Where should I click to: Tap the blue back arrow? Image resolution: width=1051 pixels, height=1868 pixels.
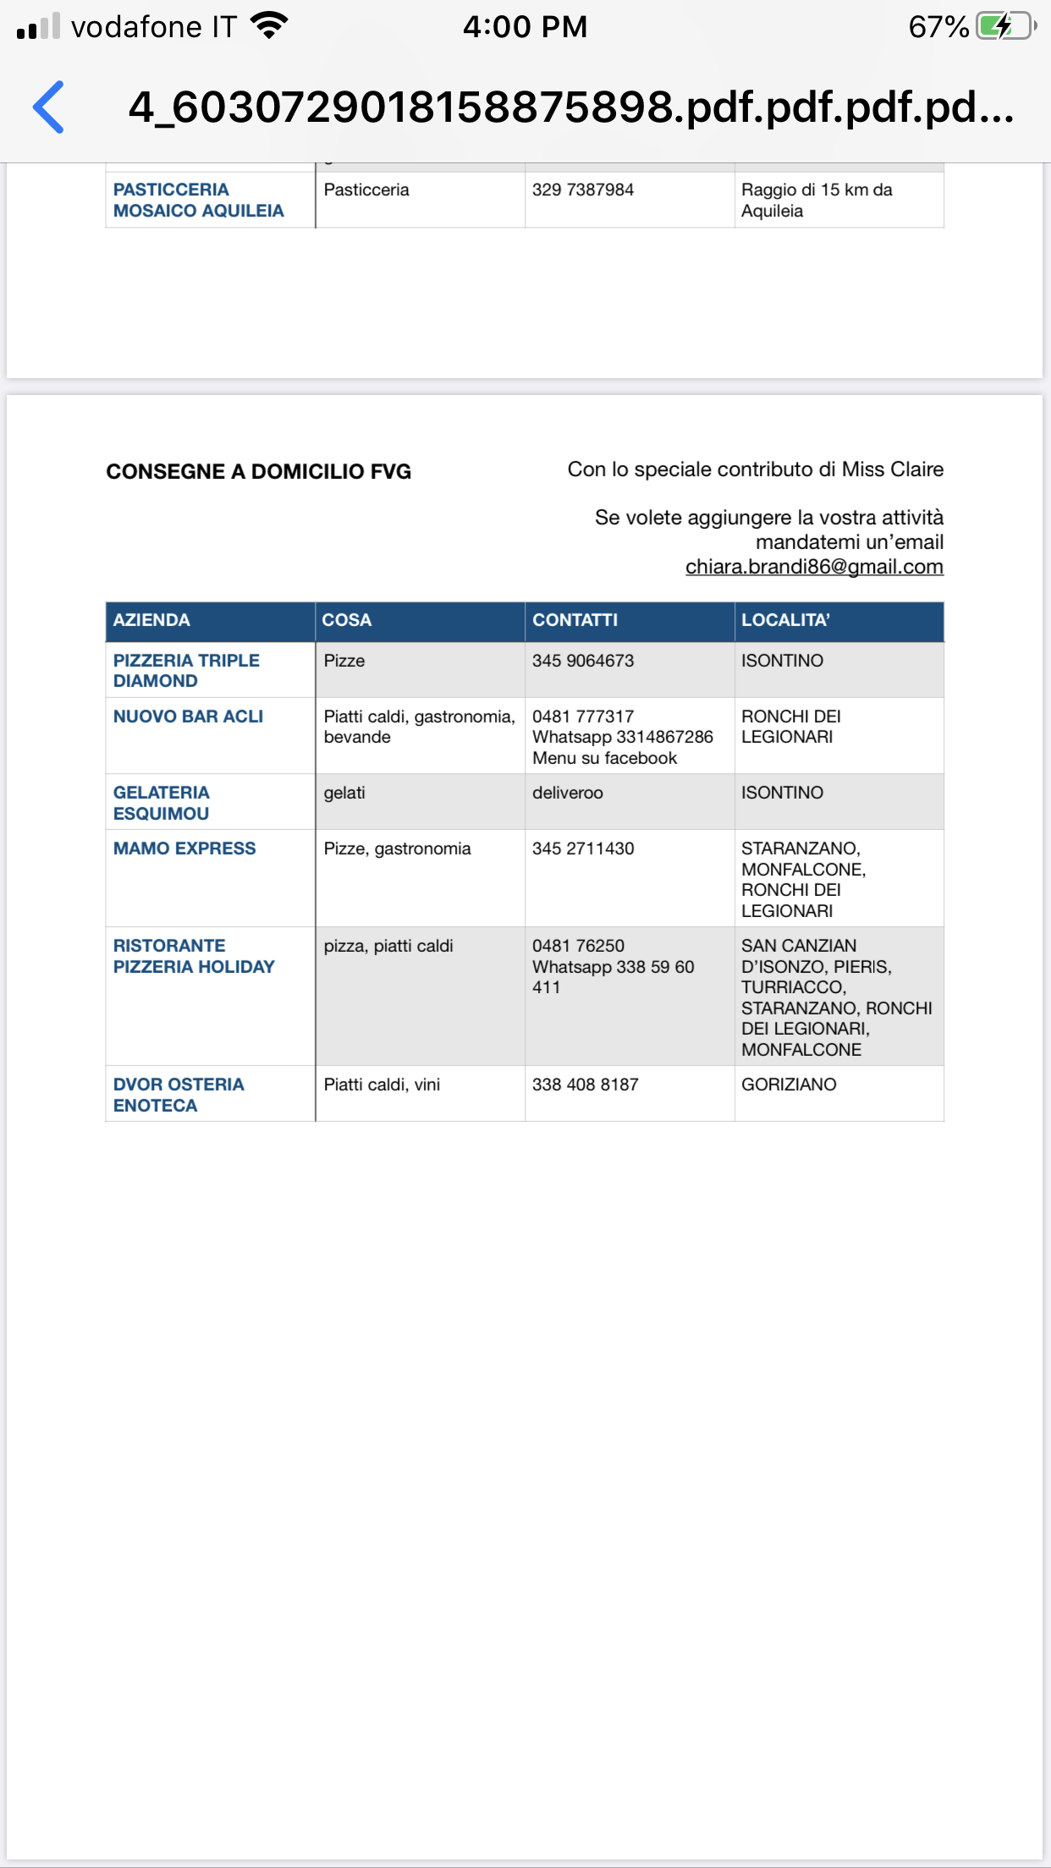point(49,107)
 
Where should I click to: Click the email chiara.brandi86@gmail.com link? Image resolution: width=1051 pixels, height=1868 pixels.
point(814,567)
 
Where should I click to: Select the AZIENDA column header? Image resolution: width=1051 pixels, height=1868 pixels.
point(152,620)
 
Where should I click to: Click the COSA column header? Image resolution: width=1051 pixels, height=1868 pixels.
point(347,620)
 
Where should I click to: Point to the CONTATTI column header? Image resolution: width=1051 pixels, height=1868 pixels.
point(575,620)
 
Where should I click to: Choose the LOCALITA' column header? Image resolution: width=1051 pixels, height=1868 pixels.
point(785,620)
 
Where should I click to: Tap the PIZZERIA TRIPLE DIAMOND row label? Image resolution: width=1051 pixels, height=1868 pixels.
point(186,671)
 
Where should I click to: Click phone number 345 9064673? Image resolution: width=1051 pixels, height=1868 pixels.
point(583,661)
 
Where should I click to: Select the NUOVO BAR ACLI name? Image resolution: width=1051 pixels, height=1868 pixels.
point(188,717)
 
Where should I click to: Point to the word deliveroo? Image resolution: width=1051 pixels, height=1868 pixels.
point(568,793)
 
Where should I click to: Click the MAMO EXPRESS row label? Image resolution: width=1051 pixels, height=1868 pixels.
point(184,849)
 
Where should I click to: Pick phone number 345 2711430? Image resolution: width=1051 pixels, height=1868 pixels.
point(583,849)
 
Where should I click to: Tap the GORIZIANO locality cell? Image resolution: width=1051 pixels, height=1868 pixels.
point(789,1085)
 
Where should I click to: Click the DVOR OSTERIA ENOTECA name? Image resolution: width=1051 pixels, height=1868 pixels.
point(179,1095)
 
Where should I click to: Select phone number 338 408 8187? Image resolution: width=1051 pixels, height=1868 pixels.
point(586,1085)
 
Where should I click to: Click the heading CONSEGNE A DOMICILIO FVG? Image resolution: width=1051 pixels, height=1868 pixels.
point(259,472)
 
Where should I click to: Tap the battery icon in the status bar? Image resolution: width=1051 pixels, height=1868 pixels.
point(1004,26)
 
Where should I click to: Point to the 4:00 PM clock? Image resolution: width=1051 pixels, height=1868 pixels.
point(525,27)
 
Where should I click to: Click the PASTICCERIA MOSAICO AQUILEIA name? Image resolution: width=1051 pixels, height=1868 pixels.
point(198,201)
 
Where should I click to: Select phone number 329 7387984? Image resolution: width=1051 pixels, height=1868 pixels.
point(583,190)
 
